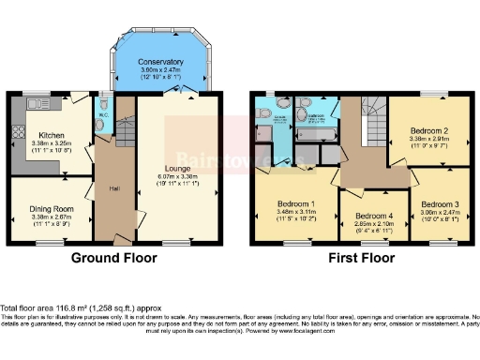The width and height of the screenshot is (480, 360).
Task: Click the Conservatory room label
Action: (160, 62)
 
